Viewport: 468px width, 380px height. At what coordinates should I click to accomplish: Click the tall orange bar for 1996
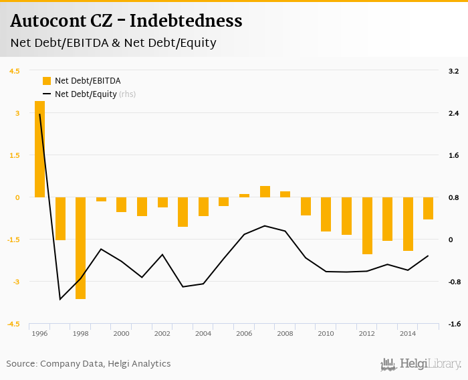pyautogui.click(x=39, y=149)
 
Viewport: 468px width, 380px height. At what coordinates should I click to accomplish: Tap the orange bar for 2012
pyautogui.click(x=367, y=225)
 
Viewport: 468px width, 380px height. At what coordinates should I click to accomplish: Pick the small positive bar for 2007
pyautogui.click(x=265, y=192)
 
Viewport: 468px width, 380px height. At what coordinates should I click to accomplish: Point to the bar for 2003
pyautogui.click(x=183, y=211)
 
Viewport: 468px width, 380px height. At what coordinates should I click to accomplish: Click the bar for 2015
pyautogui.click(x=428, y=208)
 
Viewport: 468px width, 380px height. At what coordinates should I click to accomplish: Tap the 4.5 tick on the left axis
pyautogui.click(x=15, y=71)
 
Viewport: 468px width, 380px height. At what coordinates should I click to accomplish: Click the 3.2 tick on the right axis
pyautogui.click(x=453, y=71)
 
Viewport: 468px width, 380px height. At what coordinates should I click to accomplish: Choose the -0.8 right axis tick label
pyautogui.click(x=453, y=282)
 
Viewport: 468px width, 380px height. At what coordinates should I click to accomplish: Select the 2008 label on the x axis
pyautogui.click(x=285, y=333)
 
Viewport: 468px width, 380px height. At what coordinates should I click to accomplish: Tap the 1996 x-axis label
pyautogui.click(x=39, y=333)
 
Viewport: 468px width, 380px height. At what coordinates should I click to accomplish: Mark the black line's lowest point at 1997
pyautogui.click(x=60, y=299)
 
